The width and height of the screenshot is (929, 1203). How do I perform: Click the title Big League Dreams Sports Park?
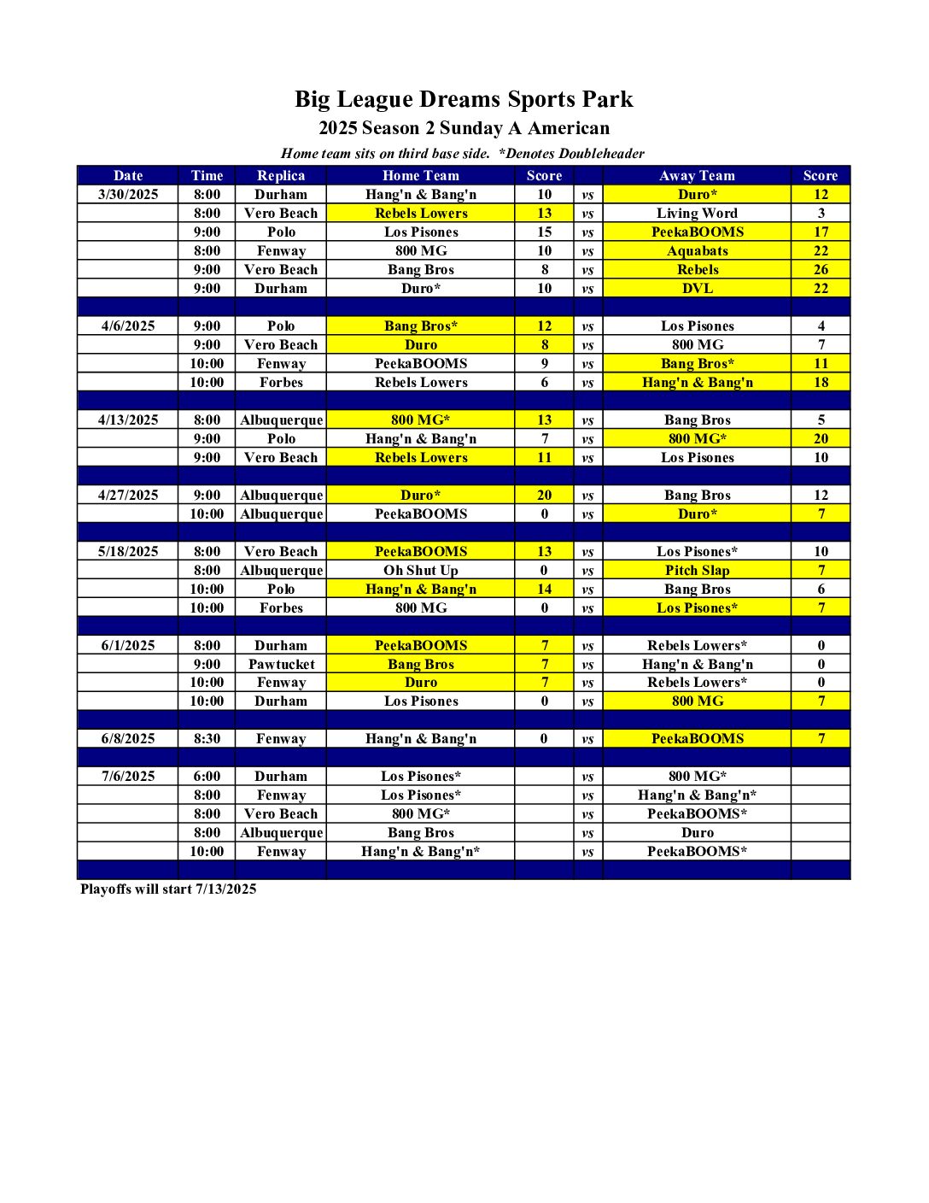click(464, 99)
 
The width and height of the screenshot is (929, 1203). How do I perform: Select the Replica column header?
click(281, 175)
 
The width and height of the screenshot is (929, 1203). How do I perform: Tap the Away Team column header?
click(697, 175)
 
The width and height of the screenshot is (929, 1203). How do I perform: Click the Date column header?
click(128, 175)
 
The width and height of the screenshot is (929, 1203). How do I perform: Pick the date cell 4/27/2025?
click(128, 495)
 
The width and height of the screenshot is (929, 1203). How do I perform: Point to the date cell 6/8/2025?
click(128, 738)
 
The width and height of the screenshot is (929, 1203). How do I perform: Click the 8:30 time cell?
click(207, 738)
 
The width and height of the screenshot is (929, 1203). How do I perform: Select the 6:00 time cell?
click(207, 776)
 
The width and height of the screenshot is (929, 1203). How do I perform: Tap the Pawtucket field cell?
click(281, 664)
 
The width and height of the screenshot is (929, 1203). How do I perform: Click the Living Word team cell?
click(697, 213)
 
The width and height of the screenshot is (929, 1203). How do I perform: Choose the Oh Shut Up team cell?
click(421, 570)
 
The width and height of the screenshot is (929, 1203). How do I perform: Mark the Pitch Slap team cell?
click(697, 570)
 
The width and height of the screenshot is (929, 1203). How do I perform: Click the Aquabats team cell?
click(697, 250)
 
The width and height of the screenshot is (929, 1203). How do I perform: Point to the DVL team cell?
click(697, 288)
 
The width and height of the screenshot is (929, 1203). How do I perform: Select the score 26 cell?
click(821, 269)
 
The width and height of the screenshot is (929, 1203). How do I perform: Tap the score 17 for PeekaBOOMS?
click(821, 232)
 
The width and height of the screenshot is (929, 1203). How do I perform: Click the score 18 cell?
click(821, 382)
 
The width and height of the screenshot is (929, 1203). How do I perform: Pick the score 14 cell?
click(544, 589)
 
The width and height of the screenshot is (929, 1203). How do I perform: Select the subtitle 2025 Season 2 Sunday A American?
click(464, 128)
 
